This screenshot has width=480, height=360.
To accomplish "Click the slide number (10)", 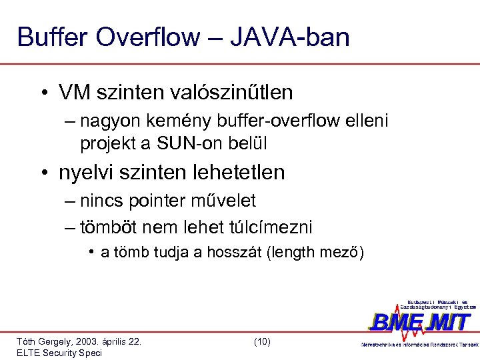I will (262, 341).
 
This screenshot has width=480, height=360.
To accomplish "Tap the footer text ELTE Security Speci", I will (59, 353).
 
